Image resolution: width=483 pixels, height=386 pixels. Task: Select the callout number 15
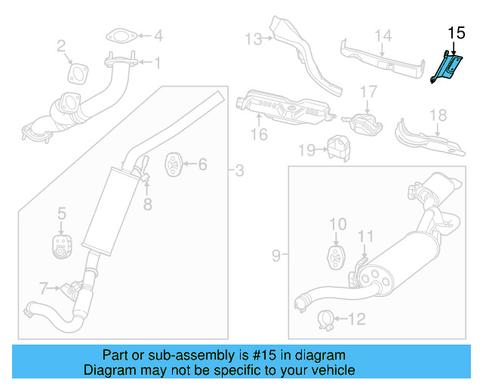tap(457, 33)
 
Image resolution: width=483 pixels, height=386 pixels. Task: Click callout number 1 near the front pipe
tap(158, 63)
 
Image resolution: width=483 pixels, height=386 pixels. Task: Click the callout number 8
tap(148, 203)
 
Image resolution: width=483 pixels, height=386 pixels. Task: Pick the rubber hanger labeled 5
tap(62, 245)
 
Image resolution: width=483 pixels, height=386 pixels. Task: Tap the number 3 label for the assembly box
tap(239, 171)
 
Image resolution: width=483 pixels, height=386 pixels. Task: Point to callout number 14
tap(383, 35)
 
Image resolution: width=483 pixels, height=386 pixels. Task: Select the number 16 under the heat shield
tap(259, 135)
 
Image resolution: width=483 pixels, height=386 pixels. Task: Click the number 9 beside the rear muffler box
tap(275, 256)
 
